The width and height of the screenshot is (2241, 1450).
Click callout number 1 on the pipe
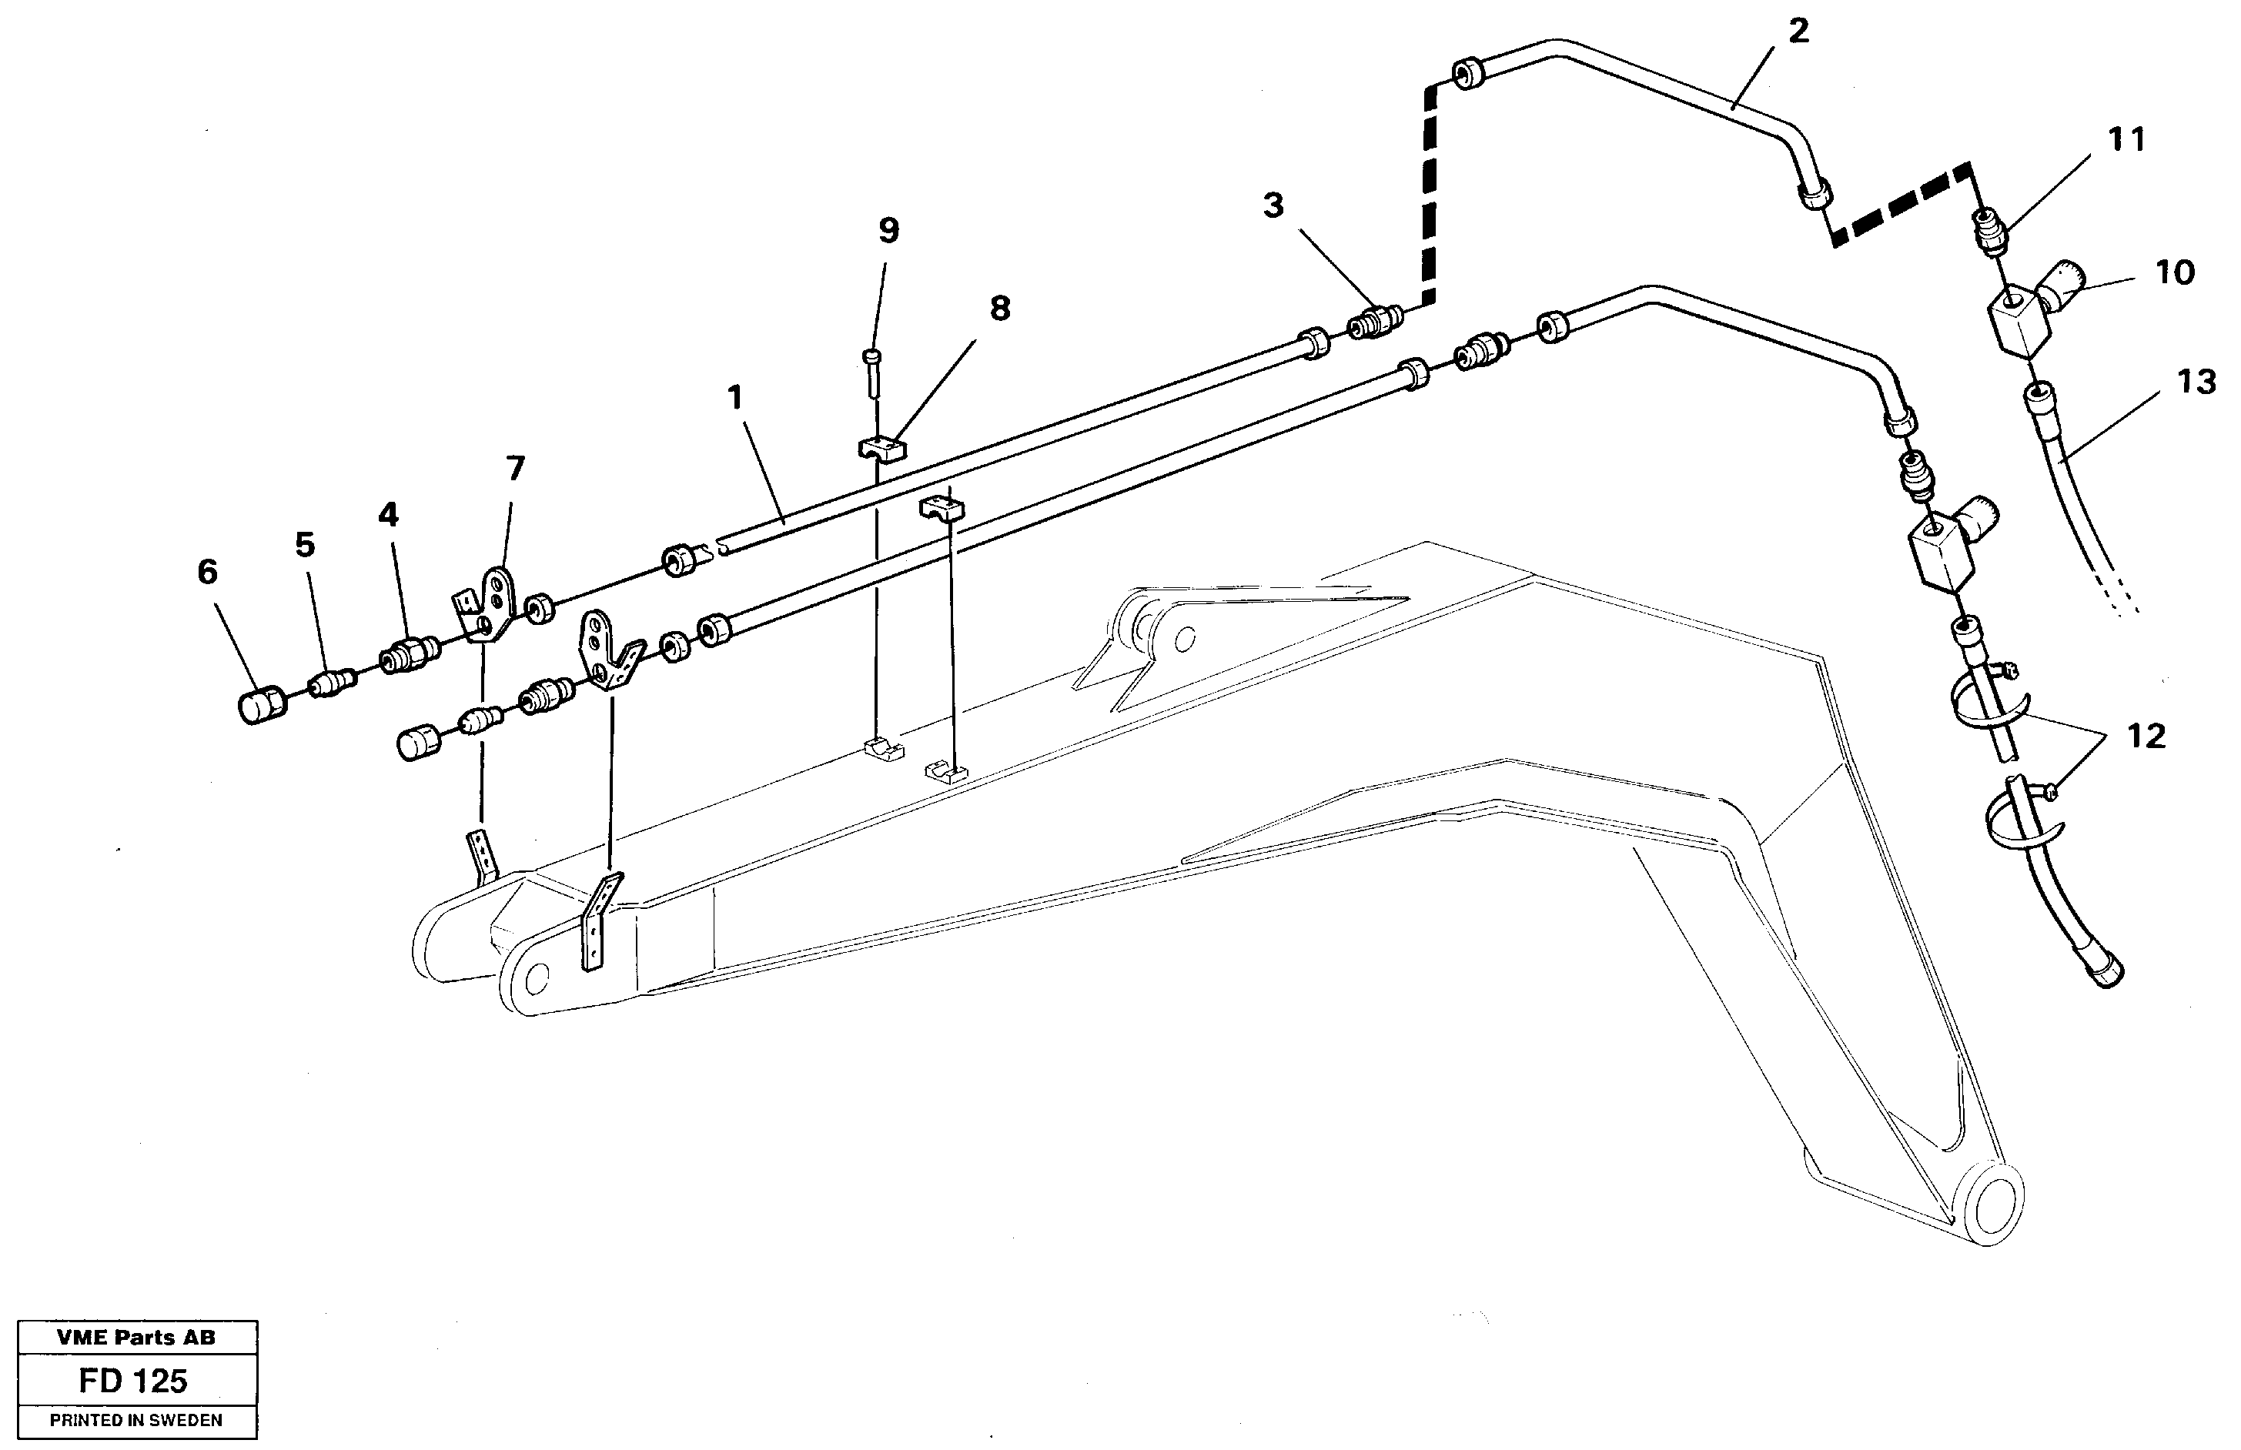click(736, 397)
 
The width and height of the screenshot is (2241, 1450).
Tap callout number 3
click(1273, 205)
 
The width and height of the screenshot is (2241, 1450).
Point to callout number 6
click(207, 572)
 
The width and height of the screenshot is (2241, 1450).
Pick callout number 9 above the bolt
click(888, 230)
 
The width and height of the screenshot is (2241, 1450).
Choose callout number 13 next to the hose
click(2196, 383)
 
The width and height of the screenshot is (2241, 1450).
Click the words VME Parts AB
click(135, 1337)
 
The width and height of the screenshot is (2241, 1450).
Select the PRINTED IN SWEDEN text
click(135, 1421)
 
